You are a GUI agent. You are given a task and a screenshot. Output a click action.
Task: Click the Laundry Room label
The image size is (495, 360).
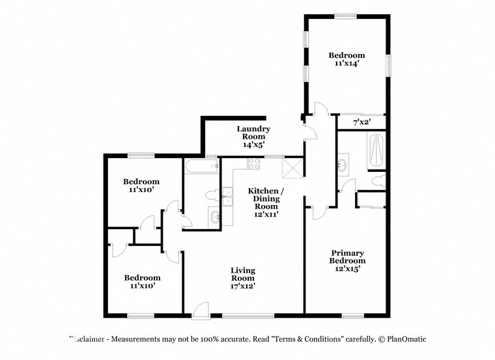(x=253, y=133)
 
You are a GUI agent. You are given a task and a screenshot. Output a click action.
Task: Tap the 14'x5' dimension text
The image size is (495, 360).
(x=253, y=145)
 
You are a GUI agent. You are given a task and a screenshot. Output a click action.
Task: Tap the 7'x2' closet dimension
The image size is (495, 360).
(x=361, y=122)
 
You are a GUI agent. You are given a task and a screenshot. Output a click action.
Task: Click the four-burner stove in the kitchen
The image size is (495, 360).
(x=253, y=163)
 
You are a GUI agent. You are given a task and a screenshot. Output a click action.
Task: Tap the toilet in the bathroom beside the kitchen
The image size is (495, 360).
(x=211, y=195)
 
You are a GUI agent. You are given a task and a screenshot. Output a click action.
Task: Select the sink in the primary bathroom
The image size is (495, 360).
(x=343, y=165)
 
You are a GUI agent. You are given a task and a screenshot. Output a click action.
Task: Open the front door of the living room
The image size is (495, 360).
(x=201, y=311)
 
